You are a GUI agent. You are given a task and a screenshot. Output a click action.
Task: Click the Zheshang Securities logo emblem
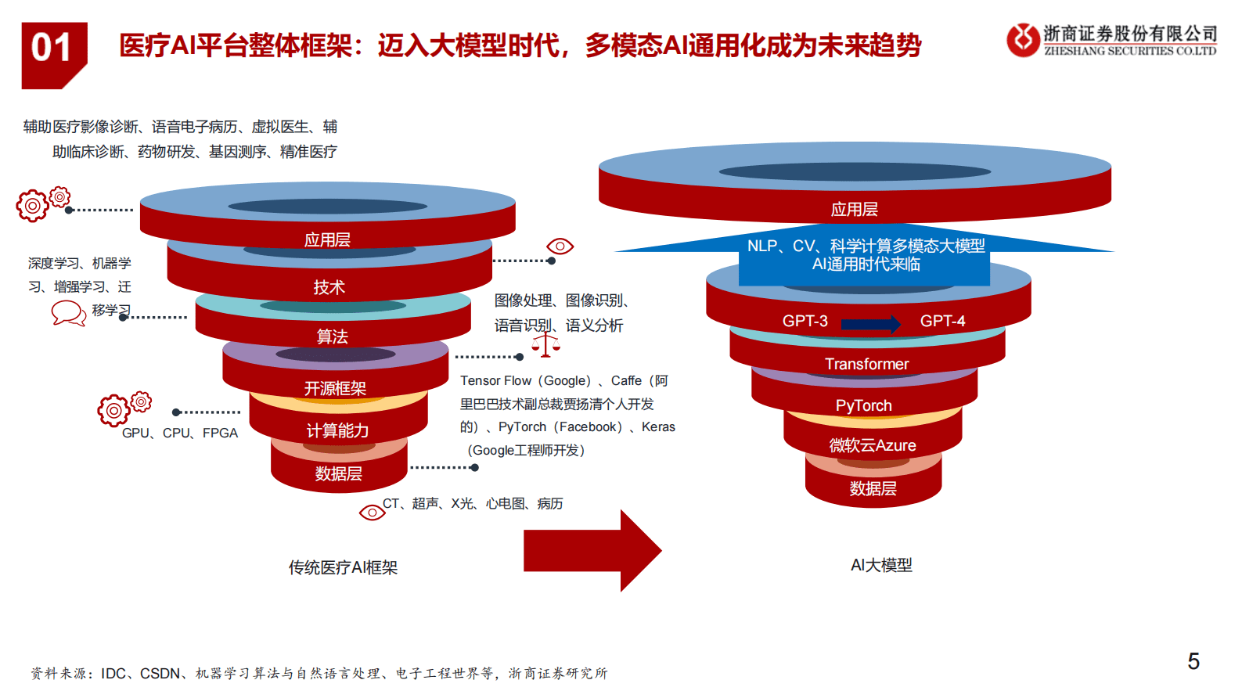click(1023, 40)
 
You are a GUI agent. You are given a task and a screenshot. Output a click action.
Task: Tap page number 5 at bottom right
click(1193, 661)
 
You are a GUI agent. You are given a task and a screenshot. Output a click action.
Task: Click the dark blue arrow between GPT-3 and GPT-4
click(871, 324)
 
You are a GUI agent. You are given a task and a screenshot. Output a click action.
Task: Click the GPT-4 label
click(942, 321)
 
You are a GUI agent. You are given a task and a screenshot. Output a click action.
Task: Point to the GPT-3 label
click(805, 321)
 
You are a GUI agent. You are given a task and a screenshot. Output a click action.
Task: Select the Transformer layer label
click(866, 364)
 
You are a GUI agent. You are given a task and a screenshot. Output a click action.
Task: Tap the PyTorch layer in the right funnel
click(863, 405)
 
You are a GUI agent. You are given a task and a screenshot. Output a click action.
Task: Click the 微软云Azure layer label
click(872, 445)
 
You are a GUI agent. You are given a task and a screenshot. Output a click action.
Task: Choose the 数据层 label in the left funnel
click(338, 473)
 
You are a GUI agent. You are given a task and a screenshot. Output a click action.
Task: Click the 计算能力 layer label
click(337, 430)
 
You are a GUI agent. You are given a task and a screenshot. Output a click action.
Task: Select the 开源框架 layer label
click(335, 388)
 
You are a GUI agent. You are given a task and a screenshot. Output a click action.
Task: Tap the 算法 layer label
click(332, 336)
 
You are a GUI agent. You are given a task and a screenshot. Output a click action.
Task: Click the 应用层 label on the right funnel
click(854, 209)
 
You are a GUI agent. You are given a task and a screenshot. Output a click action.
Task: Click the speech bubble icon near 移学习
click(68, 313)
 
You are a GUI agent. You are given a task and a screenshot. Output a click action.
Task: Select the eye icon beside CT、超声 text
click(372, 513)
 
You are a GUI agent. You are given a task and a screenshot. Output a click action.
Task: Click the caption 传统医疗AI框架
click(343, 567)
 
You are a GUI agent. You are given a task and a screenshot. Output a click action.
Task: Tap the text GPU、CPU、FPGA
click(180, 433)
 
